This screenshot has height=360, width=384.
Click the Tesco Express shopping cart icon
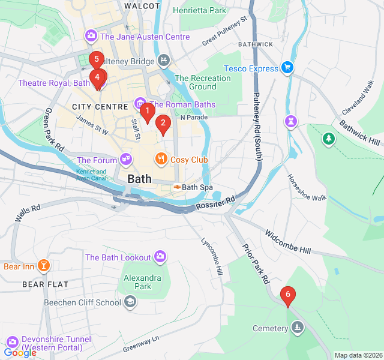point(287,68)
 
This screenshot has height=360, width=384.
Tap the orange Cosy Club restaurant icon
point(160,159)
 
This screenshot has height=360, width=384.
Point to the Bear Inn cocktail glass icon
point(43,265)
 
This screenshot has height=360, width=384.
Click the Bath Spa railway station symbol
point(177,187)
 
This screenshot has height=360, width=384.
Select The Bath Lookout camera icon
point(160,257)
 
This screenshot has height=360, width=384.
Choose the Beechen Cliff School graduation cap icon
point(130,302)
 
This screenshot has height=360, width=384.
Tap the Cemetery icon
point(297,328)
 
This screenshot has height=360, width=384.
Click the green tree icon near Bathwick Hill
point(328,139)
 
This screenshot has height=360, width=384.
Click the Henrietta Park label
point(200,10)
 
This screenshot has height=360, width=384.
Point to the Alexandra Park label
point(142,282)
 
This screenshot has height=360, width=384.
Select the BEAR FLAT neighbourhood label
point(46,284)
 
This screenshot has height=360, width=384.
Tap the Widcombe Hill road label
point(289,240)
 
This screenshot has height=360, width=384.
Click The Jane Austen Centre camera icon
point(91,36)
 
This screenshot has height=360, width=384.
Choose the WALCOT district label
point(142,5)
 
